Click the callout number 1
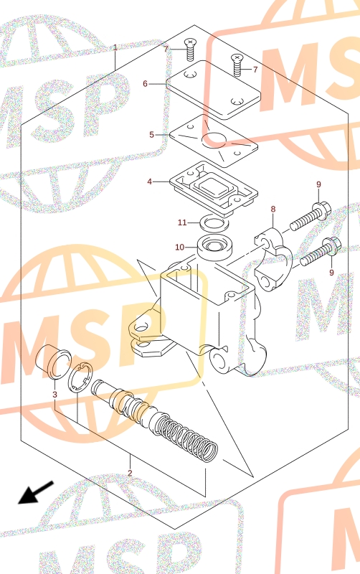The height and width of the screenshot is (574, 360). [x=115, y=47]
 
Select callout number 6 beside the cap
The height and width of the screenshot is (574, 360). [x=146, y=84]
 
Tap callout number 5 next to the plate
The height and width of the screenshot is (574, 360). [x=151, y=135]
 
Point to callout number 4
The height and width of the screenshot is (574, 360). [x=150, y=182]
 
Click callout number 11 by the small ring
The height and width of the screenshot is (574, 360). [x=182, y=222]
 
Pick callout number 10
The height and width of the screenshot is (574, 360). [x=179, y=248]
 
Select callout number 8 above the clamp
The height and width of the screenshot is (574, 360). [x=273, y=209]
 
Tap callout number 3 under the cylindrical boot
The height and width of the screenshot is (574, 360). [x=55, y=394]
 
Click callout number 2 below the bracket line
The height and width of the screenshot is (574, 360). [x=130, y=473]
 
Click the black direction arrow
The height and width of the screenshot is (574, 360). [x=36, y=493]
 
